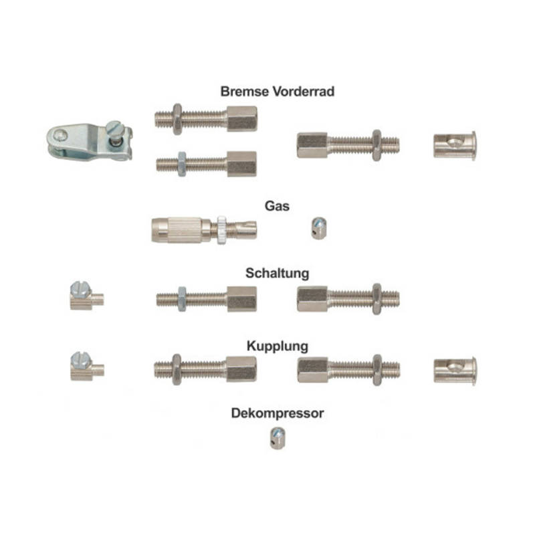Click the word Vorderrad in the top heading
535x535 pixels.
pyautogui.click(x=304, y=92)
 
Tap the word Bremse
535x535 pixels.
pyautogui.click(x=245, y=92)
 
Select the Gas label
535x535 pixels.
pyautogui.click(x=277, y=206)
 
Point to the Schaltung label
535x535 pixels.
pyautogui.click(x=278, y=274)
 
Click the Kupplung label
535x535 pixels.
pyautogui.click(x=278, y=346)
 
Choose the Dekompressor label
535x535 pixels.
pyautogui.click(x=278, y=413)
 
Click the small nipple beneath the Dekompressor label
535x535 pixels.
pyautogui.click(x=278, y=439)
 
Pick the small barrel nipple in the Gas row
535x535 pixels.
pyautogui.click(x=319, y=228)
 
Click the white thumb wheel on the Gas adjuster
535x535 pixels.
pyautogui.click(x=221, y=229)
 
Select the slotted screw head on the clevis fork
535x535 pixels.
pyautogui.click(x=114, y=128)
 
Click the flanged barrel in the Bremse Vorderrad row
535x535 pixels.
pyautogui.click(x=455, y=146)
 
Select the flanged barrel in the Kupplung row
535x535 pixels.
pyautogui.click(x=455, y=371)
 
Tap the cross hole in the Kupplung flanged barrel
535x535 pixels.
pyautogui.click(x=455, y=368)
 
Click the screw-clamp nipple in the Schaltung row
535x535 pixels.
pyautogui.click(x=87, y=296)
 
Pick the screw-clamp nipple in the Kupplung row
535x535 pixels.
pyautogui.click(x=87, y=366)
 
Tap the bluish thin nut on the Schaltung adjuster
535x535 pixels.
pyautogui.click(x=182, y=299)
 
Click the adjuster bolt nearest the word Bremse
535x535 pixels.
pyautogui.click(x=206, y=119)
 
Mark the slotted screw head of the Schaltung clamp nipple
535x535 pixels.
pyautogui.click(x=80, y=290)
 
